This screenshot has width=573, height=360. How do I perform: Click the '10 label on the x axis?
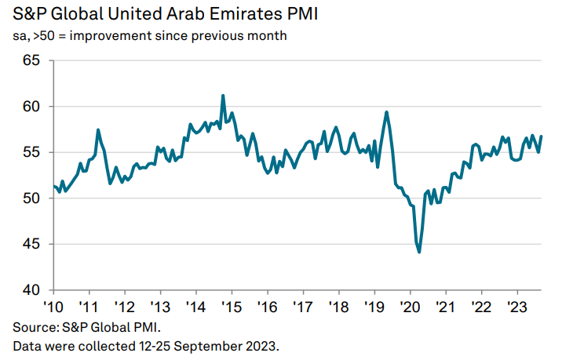pos(53,306)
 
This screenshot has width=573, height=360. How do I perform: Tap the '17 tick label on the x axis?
pos(303,306)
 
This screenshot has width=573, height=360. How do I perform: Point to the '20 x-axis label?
pos(411,306)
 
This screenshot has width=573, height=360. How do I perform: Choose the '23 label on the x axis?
pos(517,306)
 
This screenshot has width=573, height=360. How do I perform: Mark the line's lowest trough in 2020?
pos(419,252)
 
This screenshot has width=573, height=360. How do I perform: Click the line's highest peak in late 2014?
pos(223,96)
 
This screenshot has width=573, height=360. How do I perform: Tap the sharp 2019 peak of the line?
pos(387,112)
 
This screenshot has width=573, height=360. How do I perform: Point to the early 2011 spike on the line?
pos(97,129)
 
